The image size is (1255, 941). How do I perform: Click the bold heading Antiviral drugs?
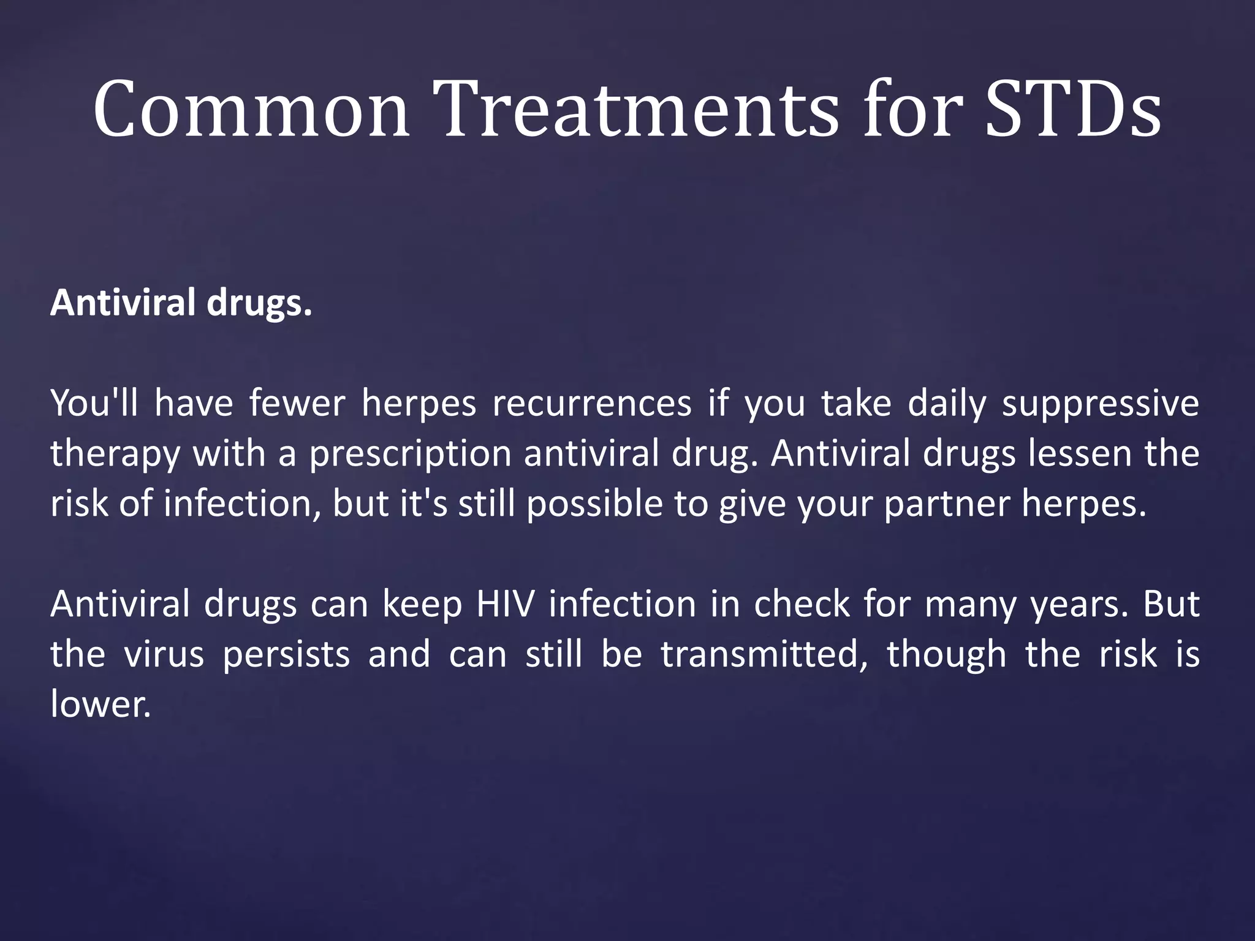tap(181, 303)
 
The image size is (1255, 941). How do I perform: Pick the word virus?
tap(164, 654)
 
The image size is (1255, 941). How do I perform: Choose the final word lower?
tap(100, 705)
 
